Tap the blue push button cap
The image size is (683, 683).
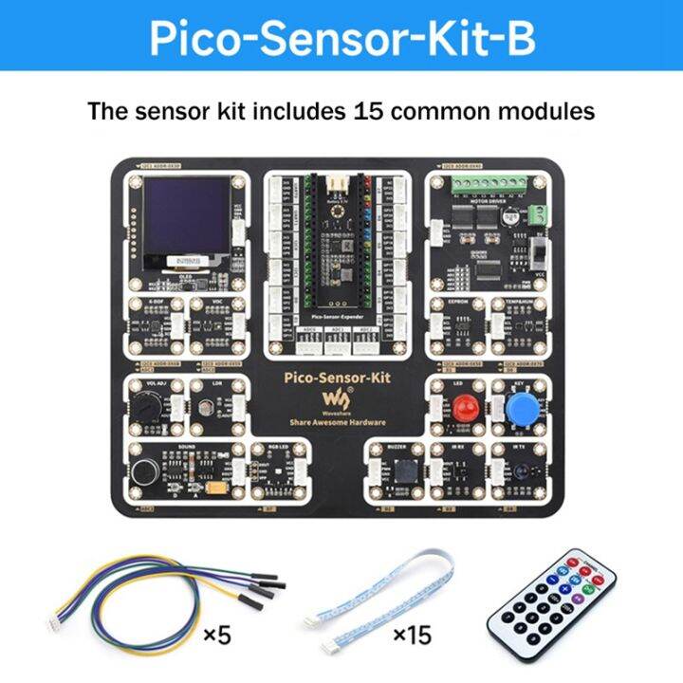point(519,410)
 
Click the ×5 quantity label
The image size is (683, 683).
point(217,636)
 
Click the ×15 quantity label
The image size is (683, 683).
point(412,636)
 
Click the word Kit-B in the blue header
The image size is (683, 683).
point(483,40)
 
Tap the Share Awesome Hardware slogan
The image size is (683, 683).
point(339,422)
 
